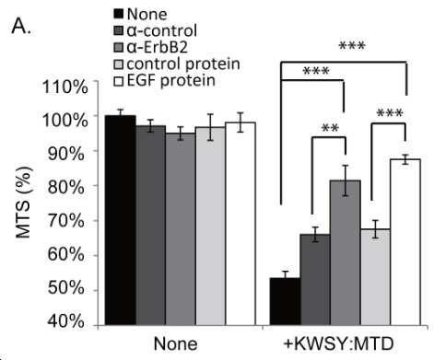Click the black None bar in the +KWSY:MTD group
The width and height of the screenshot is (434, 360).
pos(285,301)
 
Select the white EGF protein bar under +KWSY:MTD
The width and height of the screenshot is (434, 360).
pos(405,242)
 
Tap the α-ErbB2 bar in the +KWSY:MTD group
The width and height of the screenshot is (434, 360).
pos(346,252)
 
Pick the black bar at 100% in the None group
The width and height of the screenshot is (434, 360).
pos(121,220)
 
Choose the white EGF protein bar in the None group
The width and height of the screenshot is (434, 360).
pos(240,224)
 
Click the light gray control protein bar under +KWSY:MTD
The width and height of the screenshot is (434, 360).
pos(376,277)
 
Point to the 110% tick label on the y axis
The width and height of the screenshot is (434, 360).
pos(65,87)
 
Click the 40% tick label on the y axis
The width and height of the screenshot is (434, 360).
pos(65,321)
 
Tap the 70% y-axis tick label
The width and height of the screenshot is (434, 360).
pos(65,221)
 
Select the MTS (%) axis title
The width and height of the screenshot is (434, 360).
pos(24,203)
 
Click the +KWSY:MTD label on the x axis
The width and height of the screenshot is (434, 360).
pos(338,343)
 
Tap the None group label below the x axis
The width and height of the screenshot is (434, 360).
pos(176,343)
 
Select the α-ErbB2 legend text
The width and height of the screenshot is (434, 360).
pos(157,47)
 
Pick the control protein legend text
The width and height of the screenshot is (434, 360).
pos(183,64)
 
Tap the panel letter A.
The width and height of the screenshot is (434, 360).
pos(21,27)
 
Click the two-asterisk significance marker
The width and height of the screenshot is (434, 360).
pos(330,128)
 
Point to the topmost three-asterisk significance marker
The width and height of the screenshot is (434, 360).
pos(352,46)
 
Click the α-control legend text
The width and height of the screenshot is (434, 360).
pos(162,30)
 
